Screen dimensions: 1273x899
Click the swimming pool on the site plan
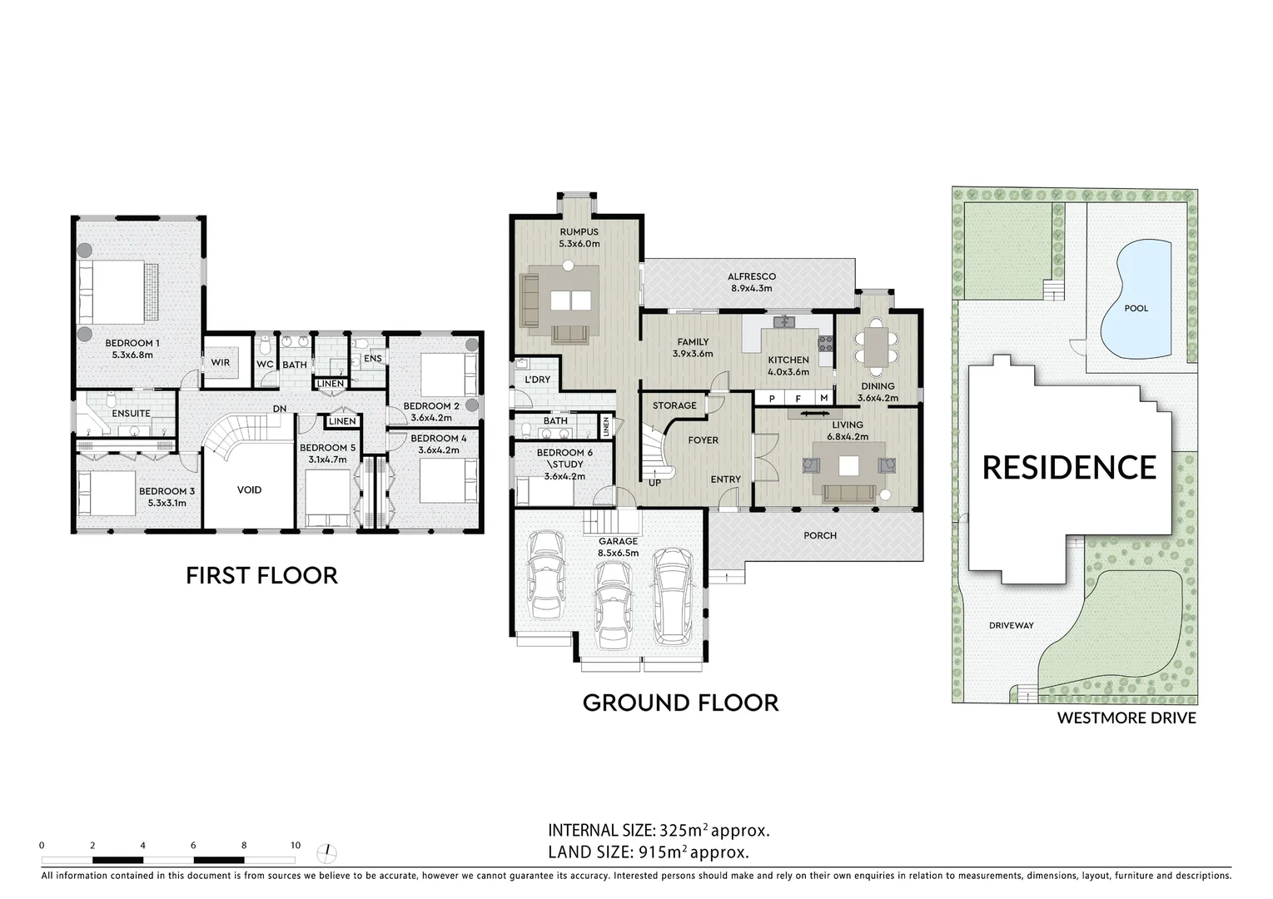1136,298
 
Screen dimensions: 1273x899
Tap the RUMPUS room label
579,232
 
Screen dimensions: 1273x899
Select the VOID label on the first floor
250,489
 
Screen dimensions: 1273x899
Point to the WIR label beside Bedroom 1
221,362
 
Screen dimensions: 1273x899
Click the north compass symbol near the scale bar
326,853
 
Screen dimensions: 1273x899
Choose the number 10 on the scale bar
296,845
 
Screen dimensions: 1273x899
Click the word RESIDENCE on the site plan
1069,468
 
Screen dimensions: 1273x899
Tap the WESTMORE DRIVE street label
1126,718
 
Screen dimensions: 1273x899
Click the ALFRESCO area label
752,276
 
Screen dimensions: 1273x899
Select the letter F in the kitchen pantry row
798,399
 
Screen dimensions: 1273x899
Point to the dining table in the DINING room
877,347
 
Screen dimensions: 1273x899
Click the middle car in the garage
613,604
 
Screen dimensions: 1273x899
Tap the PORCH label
820,535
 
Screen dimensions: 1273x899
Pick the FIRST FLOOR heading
262,576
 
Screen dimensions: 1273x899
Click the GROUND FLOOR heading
681,703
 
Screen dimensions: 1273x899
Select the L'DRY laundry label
538,379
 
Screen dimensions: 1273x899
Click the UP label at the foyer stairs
654,483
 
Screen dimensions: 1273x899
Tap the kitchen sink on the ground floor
784,322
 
